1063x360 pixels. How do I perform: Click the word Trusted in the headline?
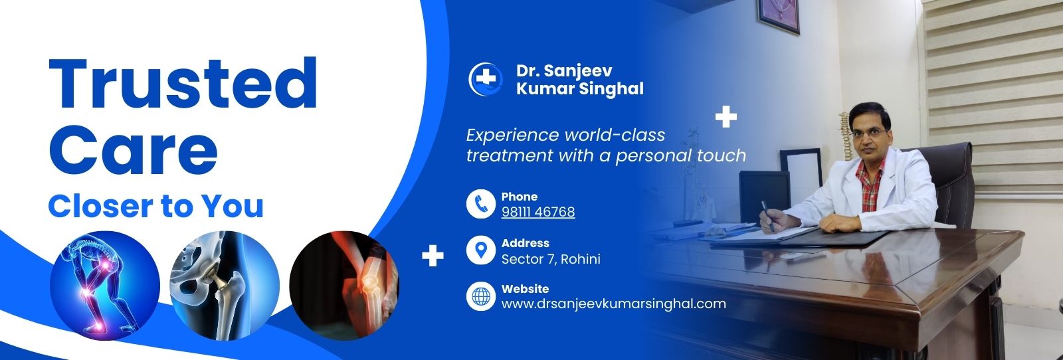pyautogui.click(x=183, y=84)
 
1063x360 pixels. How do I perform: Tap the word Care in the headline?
pyautogui.click(x=133, y=150)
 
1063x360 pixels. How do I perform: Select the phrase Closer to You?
pyautogui.click(x=155, y=207)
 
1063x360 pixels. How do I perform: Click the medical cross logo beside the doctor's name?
pyautogui.click(x=485, y=79)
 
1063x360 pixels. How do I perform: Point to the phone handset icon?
pyautogui.click(x=481, y=204)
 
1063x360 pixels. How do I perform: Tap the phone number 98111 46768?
pyautogui.click(x=538, y=211)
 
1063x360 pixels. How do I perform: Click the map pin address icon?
pyautogui.click(x=481, y=250)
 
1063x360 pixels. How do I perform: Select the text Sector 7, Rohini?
pyautogui.click(x=551, y=259)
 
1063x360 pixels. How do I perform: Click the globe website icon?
pyautogui.click(x=481, y=296)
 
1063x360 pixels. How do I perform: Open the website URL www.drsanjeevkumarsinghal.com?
pyautogui.click(x=614, y=304)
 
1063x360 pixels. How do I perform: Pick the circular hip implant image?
pyautogui.click(x=225, y=286)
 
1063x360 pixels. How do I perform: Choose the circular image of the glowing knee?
pyautogui.click(x=344, y=286)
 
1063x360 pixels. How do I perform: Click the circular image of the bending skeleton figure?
pyautogui.click(x=105, y=286)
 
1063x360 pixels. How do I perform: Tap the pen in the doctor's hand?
pyautogui.click(x=767, y=216)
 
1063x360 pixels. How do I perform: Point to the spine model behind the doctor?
pyautogui.click(x=844, y=136)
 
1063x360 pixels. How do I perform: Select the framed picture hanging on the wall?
pyautogui.click(x=779, y=17)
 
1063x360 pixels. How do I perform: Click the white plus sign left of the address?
pyautogui.click(x=433, y=256)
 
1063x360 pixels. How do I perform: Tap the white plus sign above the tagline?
pyautogui.click(x=726, y=117)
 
